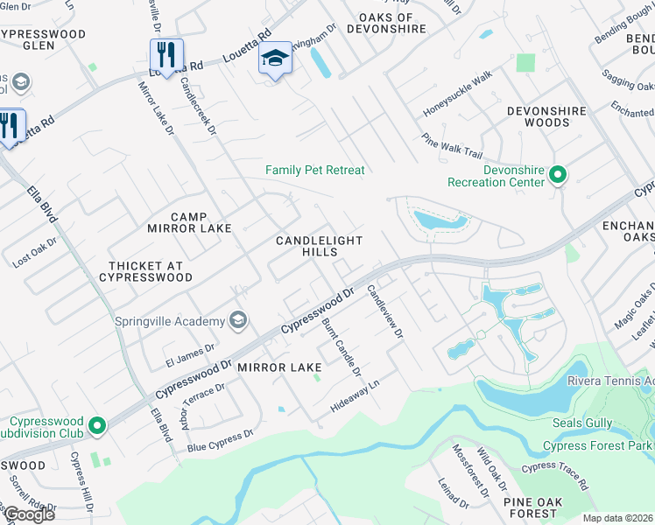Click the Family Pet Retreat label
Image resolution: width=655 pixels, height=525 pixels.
coord(314,170)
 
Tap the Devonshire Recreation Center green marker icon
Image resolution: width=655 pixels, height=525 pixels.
coord(558,176)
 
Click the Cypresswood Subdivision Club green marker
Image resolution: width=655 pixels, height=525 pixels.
coord(97,426)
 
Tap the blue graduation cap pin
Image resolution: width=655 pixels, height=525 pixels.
coord(275,59)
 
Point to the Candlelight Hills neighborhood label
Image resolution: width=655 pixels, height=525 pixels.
coord(319,246)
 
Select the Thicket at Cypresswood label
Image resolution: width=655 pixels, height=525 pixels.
coord(150,271)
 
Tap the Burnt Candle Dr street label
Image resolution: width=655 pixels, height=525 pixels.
coord(342,347)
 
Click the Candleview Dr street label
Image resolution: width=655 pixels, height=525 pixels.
coord(384,311)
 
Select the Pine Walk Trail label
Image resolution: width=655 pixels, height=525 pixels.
coord(452,145)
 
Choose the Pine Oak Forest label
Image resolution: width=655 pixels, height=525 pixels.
coord(530,507)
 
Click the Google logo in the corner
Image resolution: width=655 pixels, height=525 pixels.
coord(28,514)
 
